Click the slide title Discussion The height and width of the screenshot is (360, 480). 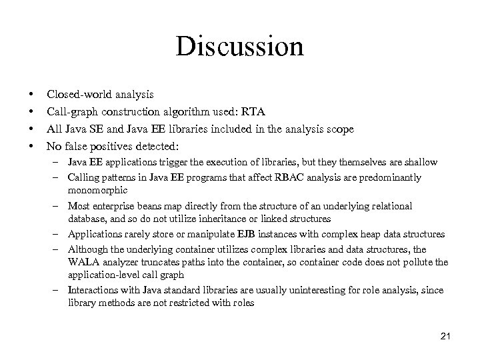pyautogui.click(x=240, y=47)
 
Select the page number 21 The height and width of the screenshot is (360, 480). pyautogui.click(x=445, y=335)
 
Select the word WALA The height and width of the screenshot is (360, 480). pyautogui.click(x=82, y=262)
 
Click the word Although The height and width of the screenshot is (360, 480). pyautogui.click(x=87, y=249)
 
